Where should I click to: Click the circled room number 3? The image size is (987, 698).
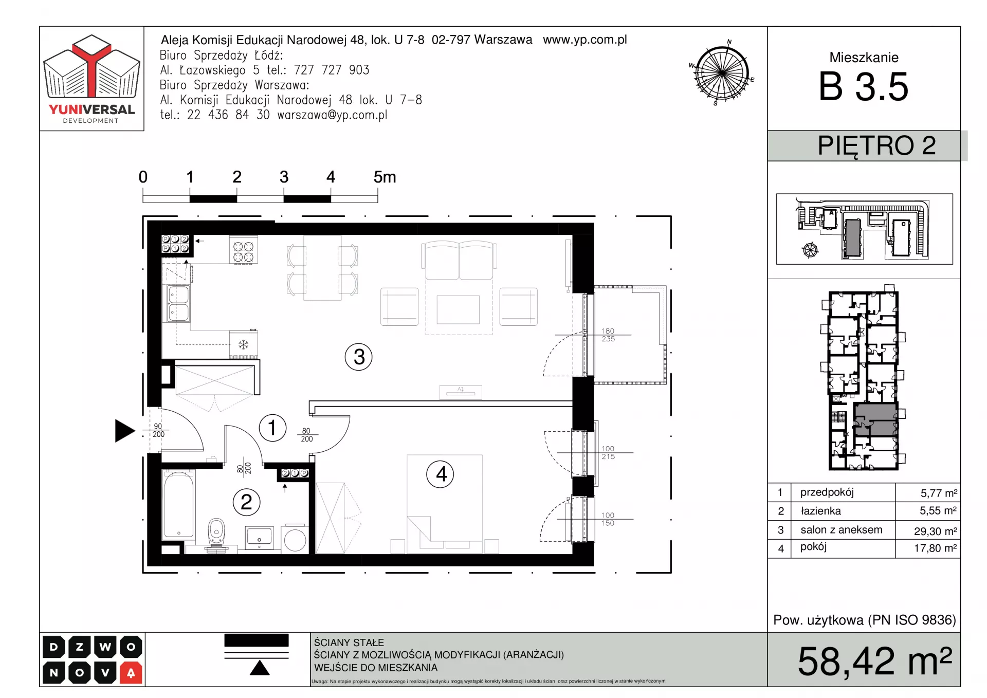click(x=358, y=357)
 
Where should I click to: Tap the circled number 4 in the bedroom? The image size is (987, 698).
click(x=441, y=474)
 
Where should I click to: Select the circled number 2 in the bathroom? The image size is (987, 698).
click(x=246, y=502)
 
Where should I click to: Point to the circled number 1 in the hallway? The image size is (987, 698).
click(x=272, y=428)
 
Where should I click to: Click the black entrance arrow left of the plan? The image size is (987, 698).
click(x=124, y=431)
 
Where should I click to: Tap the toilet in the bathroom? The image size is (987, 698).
click(x=217, y=534)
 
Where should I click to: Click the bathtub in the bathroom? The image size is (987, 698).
click(x=178, y=505)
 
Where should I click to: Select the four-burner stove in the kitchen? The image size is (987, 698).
click(x=243, y=250)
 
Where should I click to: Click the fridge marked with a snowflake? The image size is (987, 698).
click(x=243, y=344)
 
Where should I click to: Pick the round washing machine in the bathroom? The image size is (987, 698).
click(x=295, y=539)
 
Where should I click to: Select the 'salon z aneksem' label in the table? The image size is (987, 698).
click(x=841, y=530)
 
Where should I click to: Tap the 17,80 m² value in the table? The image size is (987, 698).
click(x=935, y=548)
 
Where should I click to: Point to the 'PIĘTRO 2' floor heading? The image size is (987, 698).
click(x=876, y=146)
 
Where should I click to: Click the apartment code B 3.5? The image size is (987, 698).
click(x=864, y=86)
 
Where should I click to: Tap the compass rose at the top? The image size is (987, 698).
click(x=722, y=73)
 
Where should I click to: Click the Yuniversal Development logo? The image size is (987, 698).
click(x=92, y=79)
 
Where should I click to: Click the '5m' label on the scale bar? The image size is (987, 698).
click(x=385, y=177)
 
